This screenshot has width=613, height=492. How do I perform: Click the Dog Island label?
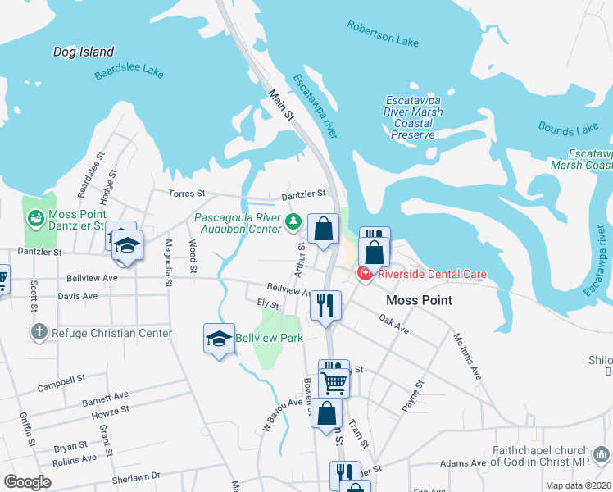[84, 52]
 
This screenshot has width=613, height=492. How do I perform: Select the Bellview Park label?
[269, 338]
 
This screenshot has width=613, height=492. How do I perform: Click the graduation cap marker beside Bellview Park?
[219, 339]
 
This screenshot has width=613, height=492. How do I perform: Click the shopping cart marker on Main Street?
[334, 380]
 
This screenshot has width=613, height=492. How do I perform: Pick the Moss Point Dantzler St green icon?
[36, 218]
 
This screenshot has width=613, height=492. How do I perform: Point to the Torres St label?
[189, 194]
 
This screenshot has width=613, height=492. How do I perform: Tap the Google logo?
[27, 482]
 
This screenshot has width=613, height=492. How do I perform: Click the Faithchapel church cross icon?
[602, 453]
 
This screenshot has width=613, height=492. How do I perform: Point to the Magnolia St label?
[168, 262]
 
